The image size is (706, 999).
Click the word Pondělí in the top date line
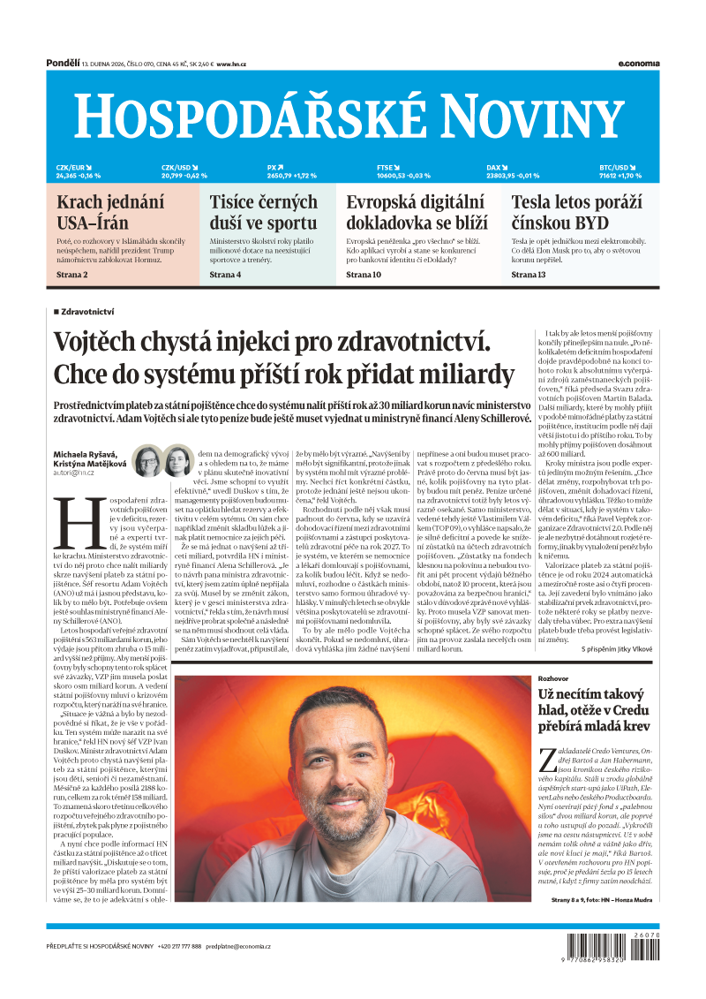62,63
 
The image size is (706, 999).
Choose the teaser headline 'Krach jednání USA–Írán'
110,212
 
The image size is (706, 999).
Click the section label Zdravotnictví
87,312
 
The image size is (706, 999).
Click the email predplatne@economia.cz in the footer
238,946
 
